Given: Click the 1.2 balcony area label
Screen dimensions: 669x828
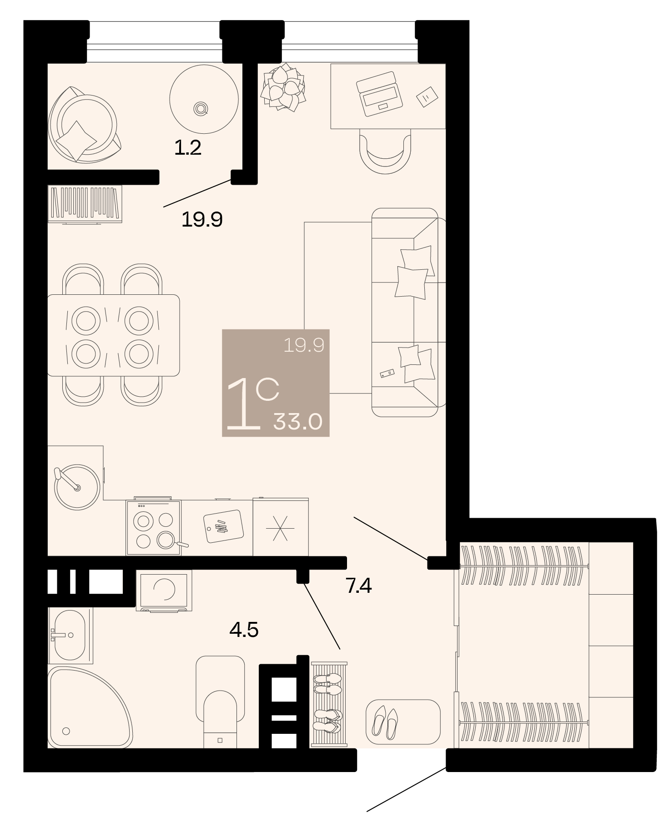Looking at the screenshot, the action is [x=188, y=148].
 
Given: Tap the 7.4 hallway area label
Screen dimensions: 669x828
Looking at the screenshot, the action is [x=359, y=586].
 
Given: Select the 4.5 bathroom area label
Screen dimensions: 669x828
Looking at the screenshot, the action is [x=244, y=630].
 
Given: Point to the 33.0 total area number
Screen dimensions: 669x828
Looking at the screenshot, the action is [x=298, y=422].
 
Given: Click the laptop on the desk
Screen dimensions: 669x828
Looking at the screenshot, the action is [x=379, y=94].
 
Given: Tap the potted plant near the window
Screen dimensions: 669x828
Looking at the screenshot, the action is [x=282, y=87].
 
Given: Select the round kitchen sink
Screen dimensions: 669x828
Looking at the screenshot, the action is [x=76, y=486].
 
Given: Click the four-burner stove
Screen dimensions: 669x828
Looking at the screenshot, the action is [x=154, y=528].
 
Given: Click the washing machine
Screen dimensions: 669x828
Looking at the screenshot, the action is [x=164, y=590].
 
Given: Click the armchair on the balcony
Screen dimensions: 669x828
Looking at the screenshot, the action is [x=84, y=125].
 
